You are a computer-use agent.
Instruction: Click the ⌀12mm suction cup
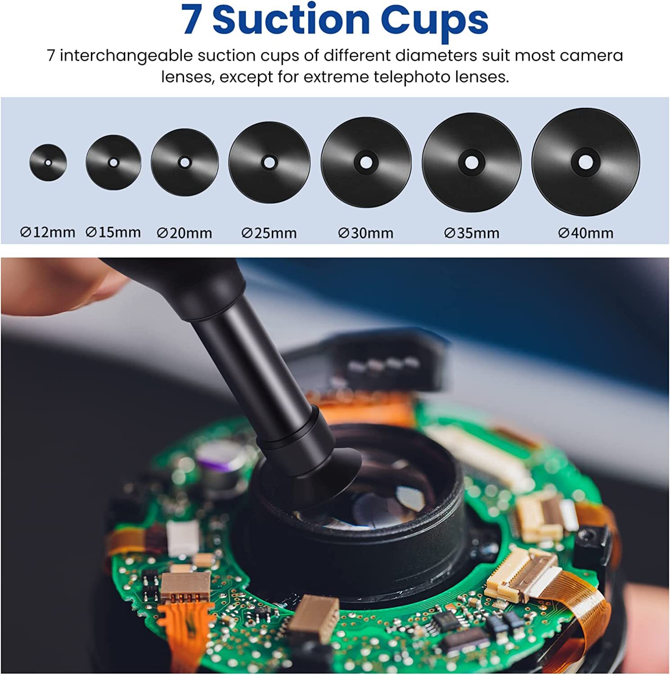pos(48,162)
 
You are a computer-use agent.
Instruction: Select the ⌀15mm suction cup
pos(113,162)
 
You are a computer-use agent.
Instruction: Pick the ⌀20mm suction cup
pos(184,162)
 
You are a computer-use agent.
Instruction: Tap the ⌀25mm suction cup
pos(269,162)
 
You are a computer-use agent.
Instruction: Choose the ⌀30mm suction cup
pos(366,162)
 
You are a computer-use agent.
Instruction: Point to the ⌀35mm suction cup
pos(472,162)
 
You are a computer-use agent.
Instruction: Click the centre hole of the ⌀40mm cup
pos(585,162)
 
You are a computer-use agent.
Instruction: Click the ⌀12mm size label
pos(48,232)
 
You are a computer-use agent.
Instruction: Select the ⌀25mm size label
pos(269,233)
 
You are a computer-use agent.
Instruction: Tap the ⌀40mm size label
pos(585,233)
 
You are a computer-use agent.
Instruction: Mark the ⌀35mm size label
pos(472,233)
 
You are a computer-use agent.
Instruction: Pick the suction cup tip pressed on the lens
pos(315,477)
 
